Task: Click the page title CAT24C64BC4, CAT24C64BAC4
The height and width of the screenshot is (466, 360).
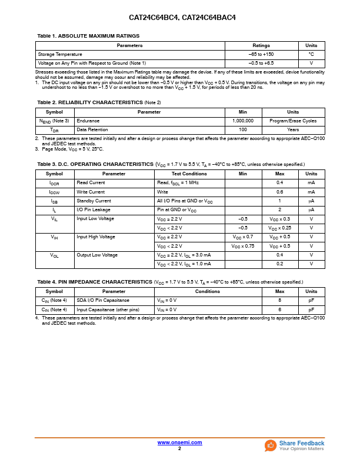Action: click(179, 18)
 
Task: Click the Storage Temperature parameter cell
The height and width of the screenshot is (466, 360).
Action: click(60, 54)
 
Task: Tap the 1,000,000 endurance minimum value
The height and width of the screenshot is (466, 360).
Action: click(242, 121)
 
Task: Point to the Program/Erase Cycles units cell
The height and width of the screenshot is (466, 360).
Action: click(292, 121)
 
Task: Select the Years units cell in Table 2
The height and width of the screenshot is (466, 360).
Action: click(292, 129)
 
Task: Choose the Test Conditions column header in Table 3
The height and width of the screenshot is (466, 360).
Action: click(189, 174)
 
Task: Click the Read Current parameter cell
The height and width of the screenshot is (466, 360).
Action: click(91, 183)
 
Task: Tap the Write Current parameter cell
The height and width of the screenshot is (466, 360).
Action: click(91, 192)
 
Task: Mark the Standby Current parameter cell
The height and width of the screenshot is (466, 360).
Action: click(94, 201)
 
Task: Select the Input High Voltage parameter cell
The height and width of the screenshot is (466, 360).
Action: click(95, 237)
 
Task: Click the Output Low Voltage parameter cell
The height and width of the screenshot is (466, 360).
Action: click(97, 255)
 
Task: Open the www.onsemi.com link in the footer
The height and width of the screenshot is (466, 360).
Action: click(179, 442)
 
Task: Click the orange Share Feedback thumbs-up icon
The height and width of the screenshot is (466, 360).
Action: click(270, 445)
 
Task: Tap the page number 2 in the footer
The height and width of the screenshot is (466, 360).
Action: click(179, 448)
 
